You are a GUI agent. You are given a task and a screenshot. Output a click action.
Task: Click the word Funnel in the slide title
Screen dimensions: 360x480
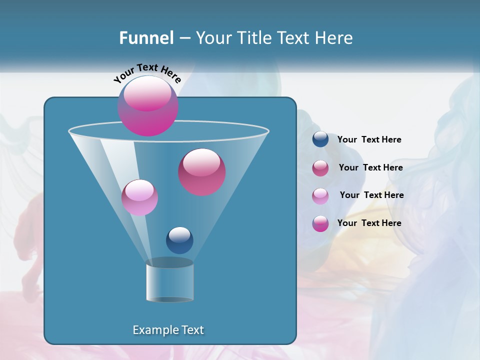[146, 38]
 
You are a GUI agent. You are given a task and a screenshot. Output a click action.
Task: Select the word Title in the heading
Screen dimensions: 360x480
[253, 38]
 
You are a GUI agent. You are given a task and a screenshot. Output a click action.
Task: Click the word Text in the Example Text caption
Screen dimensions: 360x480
[191, 330]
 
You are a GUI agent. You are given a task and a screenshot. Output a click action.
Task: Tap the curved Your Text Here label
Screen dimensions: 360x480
[147, 73]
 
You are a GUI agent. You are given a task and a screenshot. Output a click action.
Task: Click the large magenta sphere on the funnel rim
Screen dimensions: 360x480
[148, 106]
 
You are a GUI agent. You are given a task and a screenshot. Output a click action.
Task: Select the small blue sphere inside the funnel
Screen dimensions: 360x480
[179, 240]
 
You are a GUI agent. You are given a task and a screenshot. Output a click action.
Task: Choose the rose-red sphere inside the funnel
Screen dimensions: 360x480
[202, 172]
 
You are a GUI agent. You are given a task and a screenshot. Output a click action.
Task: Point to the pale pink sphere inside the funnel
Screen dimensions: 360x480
[139, 197]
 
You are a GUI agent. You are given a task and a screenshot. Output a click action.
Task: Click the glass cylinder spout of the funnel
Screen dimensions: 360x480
[170, 281]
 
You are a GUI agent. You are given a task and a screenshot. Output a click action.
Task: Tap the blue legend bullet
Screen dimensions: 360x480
[320, 139]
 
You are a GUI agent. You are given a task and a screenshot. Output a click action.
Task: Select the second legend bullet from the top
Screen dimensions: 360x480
[320, 167]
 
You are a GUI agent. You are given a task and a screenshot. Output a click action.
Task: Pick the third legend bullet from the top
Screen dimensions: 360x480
[320, 195]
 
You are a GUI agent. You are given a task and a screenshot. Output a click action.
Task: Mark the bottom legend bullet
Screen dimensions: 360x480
[320, 223]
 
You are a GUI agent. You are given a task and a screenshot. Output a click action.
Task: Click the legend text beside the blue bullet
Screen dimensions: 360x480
[369, 139]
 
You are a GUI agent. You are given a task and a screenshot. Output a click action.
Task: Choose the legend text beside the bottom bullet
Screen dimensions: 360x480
[369, 223]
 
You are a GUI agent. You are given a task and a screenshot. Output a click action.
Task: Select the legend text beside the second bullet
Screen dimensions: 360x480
[370, 167]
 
